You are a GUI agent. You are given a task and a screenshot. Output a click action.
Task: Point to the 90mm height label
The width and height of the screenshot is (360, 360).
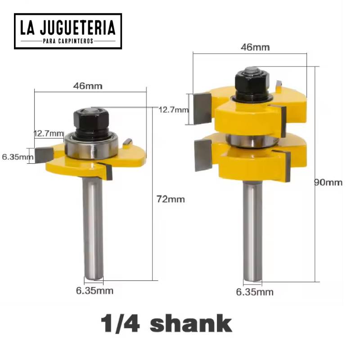[328, 183]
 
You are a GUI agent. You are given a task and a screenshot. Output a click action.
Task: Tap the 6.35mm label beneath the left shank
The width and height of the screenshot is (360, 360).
[94, 291]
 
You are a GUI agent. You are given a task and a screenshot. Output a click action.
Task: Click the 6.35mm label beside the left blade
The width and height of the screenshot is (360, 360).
[17, 157]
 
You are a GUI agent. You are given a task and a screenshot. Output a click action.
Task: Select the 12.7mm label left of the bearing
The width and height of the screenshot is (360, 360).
[48, 133]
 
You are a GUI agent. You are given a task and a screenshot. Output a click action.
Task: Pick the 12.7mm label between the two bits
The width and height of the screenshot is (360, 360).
[173, 109]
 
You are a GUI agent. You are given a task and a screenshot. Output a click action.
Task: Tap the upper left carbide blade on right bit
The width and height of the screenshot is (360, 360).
[202, 108]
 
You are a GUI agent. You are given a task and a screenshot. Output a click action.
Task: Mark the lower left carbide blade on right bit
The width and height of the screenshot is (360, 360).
[203, 155]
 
